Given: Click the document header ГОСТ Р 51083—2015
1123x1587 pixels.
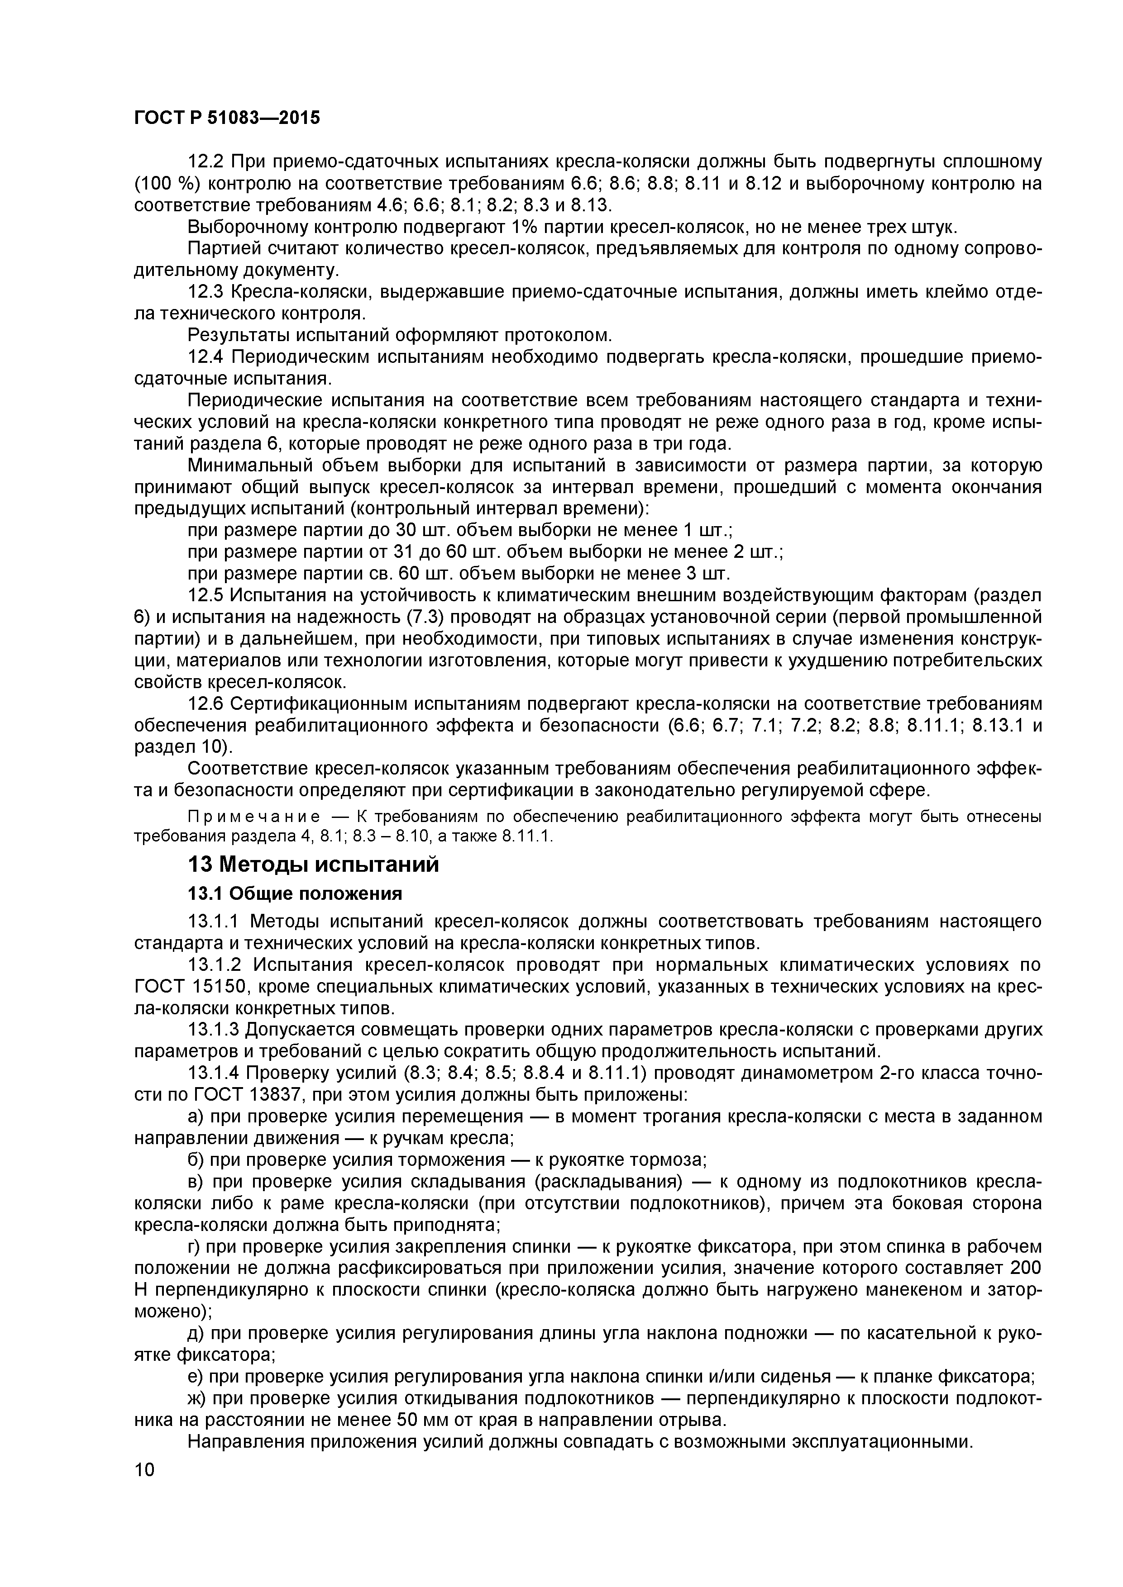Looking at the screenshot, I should (x=227, y=118).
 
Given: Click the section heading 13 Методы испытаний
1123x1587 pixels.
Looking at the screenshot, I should (x=313, y=865).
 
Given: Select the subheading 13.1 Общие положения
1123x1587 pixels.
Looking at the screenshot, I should (x=295, y=894).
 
